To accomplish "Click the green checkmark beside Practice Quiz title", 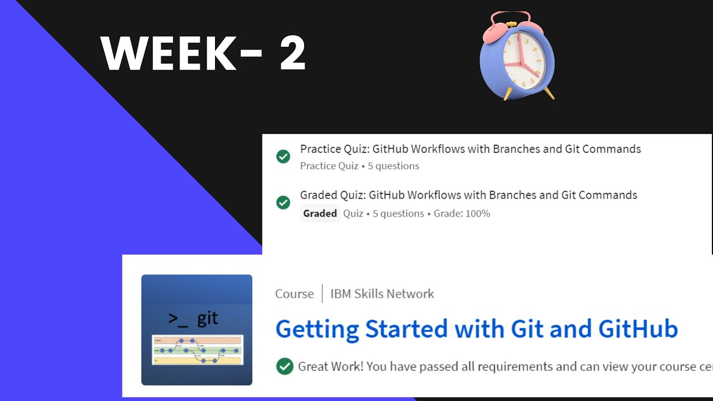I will pyautogui.click(x=283, y=157).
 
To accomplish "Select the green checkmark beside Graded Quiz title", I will pyautogui.click(x=283, y=202).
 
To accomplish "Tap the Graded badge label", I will pyautogui.click(x=320, y=213).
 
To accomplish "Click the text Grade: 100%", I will pyautogui.click(x=462, y=213).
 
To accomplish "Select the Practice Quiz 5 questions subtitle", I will pyautogui.click(x=359, y=166).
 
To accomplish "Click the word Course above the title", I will pyautogui.click(x=294, y=294).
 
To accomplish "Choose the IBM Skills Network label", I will pyautogui.click(x=382, y=294).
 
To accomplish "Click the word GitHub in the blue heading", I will pyautogui.click(x=638, y=329).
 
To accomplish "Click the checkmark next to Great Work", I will pyautogui.click(x=285, y=366).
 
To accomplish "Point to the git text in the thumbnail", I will pyautogui.click(x=208, y=319).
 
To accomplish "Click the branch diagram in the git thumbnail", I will pyautogui.click(x=197, y=350).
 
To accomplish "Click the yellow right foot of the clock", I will pyautogui.click(x=548, y=93).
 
